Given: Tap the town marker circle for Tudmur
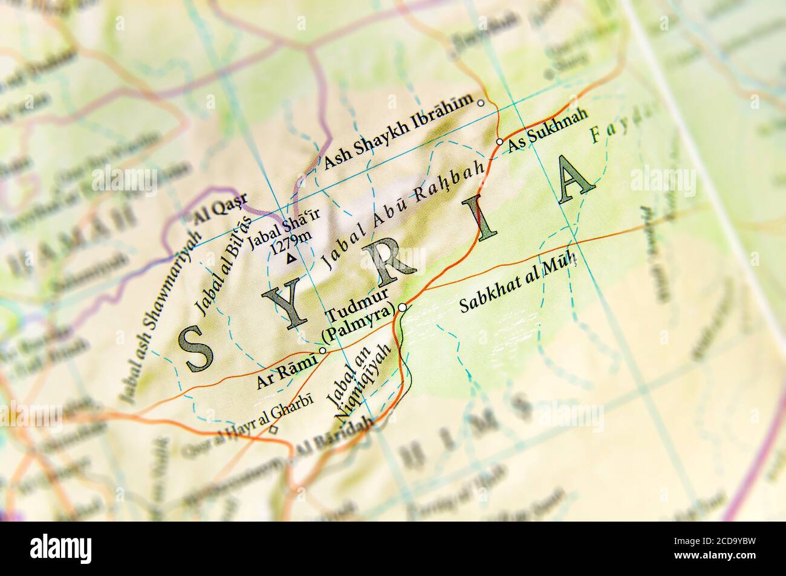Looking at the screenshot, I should tap(402, 307).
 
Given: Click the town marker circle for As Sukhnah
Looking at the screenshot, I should tap(499, 141).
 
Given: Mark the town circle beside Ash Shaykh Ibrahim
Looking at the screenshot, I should tap(481, 103).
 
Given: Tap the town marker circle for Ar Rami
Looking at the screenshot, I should tap(322, 351).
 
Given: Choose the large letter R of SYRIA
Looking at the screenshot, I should tap(387, 260).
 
